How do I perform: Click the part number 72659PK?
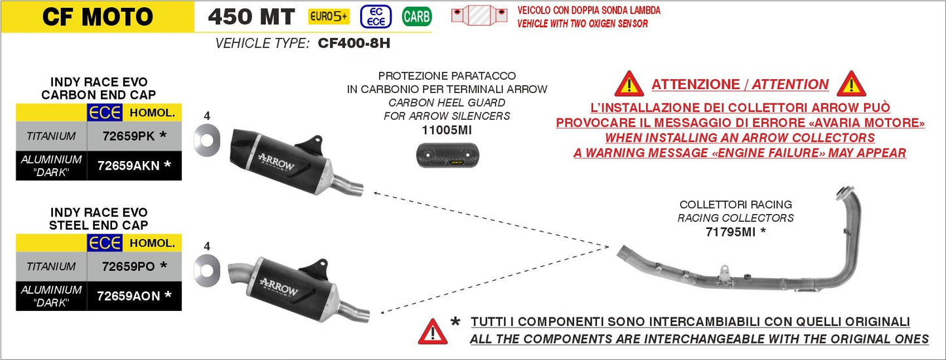coord(129,136)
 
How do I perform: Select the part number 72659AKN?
coord(128,166)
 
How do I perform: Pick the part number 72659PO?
coord(128,266)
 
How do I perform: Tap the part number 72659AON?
coord(128,296)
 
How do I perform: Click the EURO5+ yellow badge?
coord(329,16)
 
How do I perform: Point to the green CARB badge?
coord(416,16)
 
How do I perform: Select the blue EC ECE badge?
coord(376,16)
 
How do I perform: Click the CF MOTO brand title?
coord(98,17)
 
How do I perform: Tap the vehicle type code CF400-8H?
coord(354,43)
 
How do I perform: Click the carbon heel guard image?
coord(448,155)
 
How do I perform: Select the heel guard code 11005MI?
coord(447,130)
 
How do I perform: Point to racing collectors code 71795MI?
coord(730,232)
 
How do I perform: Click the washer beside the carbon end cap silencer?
coord(207,141)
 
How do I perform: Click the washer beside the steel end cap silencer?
coord(207,271)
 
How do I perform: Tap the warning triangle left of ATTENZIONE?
coord(629,84)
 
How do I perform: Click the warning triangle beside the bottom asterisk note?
coord(433,332)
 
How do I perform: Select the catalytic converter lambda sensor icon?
coord(479,15)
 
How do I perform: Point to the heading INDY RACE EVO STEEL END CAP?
coord(98,219)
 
